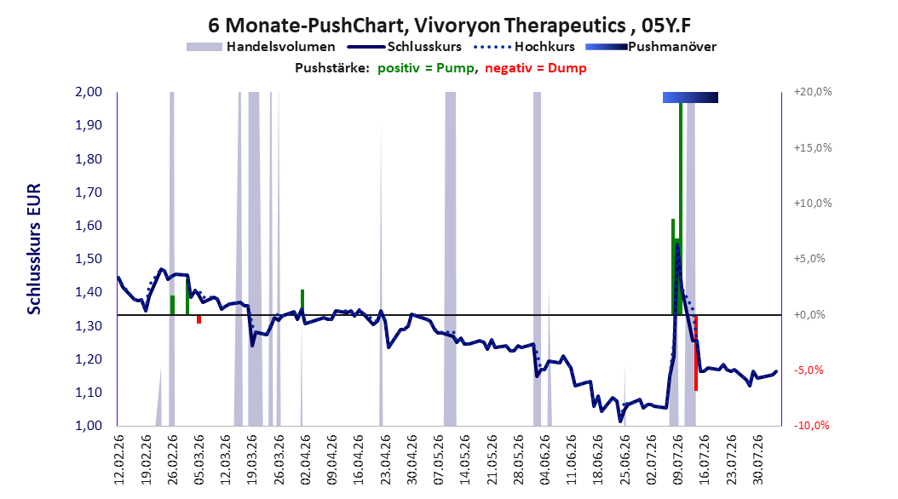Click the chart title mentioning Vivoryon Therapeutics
pyautogui.click(x=449, y=26)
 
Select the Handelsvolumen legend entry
pyautogui.click(x=262, y=47)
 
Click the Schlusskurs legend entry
pyautogui.click(x=404, y=47)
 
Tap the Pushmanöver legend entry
pyautogui.click(x=651, y=47)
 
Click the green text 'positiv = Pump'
pyautogui.click(x=426, y=68)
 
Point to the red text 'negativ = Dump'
pyautogui.click(x=536, y=68)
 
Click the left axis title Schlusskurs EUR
pyautogui.click(x=34, y=249)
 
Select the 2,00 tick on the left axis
pyautogui.click(x=89, y=92)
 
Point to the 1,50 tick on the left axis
pyautogui.click(x=89, y=259)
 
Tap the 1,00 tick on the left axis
pyautogui.click(x=89, y=426)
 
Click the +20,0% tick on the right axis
pyautogui.click(x=813, y=92)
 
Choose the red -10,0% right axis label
pyautogui.click(x=811, y=425)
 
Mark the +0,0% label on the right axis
pyautogui.click(x=809, y=315)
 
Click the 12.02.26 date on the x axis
pyautogui.click(x=119, y=460)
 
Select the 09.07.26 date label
pyautogui.click(x=679, y=460)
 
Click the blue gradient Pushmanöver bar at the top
pyautogui.click(x=690, y=97)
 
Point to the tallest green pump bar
pyautogui.click(x=681, y=209)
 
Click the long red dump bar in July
pyautogui.click(x=696, y=353)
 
